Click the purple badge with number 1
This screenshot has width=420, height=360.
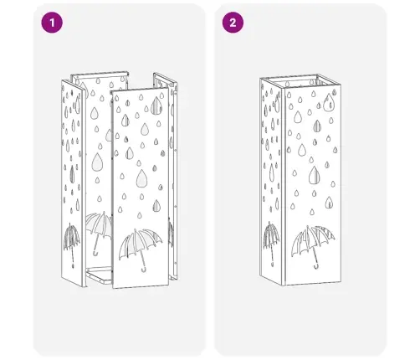(52, 23)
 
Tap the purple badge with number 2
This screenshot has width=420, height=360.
(233, 23)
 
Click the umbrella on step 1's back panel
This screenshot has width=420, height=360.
(98, 229)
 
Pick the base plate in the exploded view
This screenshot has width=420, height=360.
(99, 275)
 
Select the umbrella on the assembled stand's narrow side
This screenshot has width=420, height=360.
(271, 240)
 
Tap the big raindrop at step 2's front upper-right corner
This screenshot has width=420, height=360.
(329, 102)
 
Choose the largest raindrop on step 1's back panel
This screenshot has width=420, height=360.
(98, 162)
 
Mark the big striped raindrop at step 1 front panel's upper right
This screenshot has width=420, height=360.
(156, 106)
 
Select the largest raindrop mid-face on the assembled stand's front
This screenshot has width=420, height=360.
(315, 175)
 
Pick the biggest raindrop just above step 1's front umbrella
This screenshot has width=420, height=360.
(141, 177)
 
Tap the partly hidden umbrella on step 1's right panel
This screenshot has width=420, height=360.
(171, 233)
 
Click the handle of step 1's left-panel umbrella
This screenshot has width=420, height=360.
(73, 257)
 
